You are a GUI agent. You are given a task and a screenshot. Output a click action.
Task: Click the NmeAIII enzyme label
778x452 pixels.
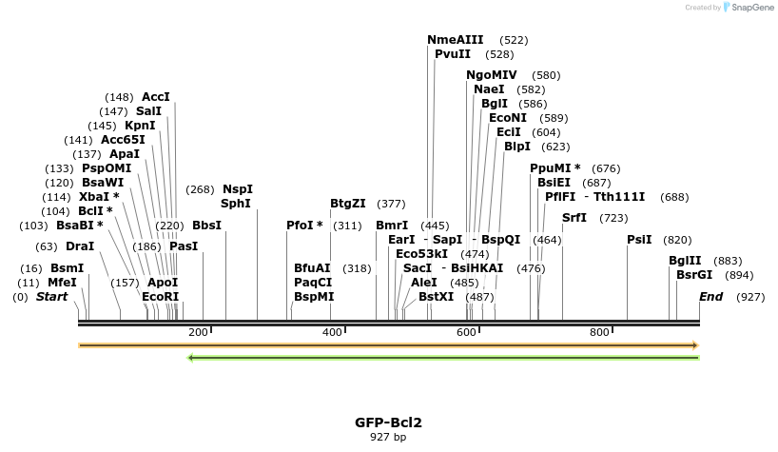(456, 40)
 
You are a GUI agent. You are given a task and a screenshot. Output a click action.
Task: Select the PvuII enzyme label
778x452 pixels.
(453, 54)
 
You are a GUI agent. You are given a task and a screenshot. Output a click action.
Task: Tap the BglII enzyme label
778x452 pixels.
(685, 261)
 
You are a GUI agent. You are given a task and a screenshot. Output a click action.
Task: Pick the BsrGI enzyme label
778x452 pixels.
(694, 275)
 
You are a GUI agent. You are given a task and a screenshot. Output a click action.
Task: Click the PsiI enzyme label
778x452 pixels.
(639, 240)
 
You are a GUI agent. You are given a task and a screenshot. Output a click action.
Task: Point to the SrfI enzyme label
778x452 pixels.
(574, 218)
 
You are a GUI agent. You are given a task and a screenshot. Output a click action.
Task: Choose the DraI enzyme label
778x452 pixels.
(80, 246)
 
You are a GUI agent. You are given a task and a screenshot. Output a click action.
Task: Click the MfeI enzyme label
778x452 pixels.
(62, 283)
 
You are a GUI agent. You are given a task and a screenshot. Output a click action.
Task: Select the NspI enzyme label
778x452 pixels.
(238, 189)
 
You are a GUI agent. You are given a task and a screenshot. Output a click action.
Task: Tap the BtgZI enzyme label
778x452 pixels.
(348, 204)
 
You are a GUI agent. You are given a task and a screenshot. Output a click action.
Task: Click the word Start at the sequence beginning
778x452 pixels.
(52, 297)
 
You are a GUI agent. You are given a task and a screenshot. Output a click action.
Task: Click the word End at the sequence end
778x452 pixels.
(711, 297)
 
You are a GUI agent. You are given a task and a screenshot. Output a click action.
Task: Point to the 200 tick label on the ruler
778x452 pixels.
(199, 332)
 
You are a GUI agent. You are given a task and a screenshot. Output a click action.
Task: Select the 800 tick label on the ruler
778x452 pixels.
(599, 332)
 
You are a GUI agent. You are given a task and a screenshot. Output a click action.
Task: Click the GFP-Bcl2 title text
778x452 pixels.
(388, 422)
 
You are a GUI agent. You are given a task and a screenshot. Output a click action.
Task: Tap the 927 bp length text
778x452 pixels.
(388, 438)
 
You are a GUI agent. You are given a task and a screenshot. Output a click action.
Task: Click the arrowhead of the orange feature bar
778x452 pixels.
(695, 345)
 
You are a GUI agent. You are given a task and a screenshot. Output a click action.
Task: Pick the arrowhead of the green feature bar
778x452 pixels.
(192, 358)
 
